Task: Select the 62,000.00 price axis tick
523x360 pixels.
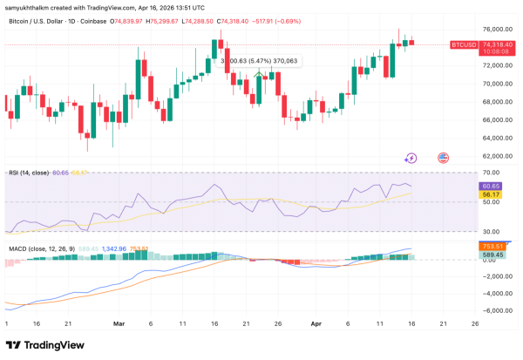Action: [493, 156]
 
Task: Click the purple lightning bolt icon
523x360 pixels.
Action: [411, 158]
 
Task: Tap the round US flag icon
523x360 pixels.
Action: [442, 158]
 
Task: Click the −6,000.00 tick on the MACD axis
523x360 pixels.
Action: [492, 309]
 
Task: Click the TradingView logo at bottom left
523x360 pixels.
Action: [44, 344]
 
